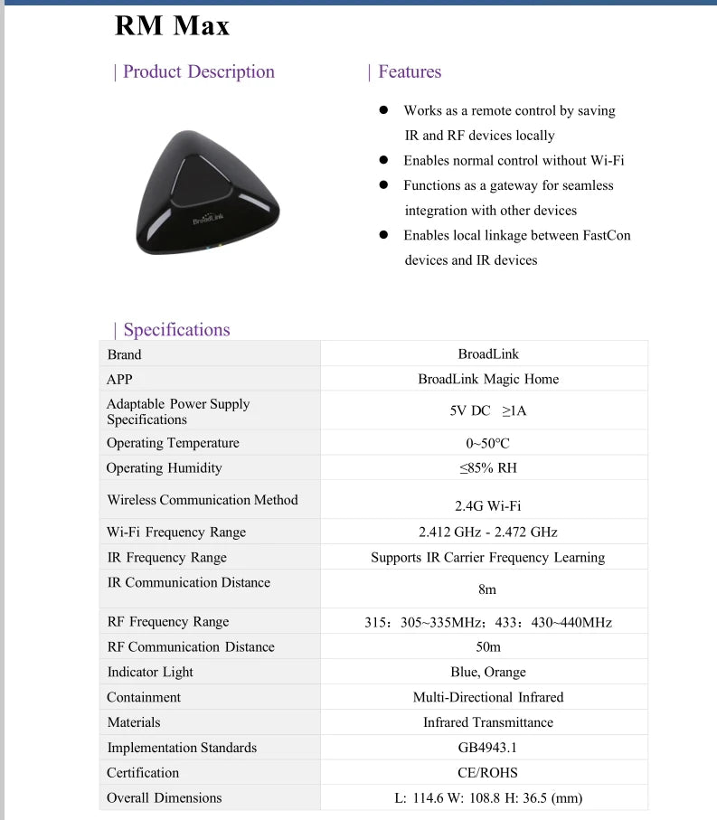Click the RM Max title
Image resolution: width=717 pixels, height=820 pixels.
(172, 26)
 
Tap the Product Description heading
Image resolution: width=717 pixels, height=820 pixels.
(198, 72)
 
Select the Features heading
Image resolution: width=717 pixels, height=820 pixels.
(409, 72)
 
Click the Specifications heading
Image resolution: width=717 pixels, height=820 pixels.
(176, 330)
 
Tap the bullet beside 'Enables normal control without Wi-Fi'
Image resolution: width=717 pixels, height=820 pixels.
(383, 161)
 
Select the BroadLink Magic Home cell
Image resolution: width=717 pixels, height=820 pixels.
(488, 380)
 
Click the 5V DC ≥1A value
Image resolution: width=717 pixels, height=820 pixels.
(488, 410)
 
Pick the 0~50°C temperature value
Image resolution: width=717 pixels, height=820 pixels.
(488, 444)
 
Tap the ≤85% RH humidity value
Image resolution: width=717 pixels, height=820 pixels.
(488, 468)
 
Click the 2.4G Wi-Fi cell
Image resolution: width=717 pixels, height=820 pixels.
(488, 506)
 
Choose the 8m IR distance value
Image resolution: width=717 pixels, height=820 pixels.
(488, 589)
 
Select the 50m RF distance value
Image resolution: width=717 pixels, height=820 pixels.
(488, 647)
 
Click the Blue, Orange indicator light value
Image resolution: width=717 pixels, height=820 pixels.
(488, 673)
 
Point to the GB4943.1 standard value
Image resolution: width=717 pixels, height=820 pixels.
(488, 748)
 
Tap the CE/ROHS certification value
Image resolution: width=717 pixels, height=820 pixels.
(488, 773)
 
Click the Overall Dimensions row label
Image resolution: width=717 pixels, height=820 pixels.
(164, 798)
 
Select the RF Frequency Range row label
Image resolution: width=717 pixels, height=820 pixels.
(168, 622)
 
